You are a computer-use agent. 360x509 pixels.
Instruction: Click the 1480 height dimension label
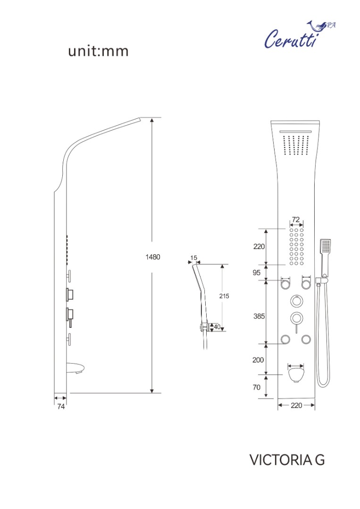coord(152,257)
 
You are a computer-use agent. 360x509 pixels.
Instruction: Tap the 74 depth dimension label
coord(61,406)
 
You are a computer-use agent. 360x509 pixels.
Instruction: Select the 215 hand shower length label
coord(224,296)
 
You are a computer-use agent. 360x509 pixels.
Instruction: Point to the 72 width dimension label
coord(296,220)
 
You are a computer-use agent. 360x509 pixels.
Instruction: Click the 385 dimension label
coord(259,316)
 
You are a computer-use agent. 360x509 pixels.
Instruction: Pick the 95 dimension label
coord(257,273)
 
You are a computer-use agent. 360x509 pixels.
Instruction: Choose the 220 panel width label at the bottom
coord(296,405)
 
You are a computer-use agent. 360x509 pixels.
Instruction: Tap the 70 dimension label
coord(257,387)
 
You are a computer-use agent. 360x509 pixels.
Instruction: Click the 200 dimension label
coord(258,360)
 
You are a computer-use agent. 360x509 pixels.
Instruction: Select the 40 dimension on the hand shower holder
coord(217,327)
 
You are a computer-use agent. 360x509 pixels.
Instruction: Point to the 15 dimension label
coord(194,258)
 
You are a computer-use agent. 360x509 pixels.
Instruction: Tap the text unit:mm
coord(98,51)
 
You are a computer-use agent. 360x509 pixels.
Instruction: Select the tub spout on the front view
coord(296,374)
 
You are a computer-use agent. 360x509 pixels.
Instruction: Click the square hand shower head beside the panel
coord(325,246)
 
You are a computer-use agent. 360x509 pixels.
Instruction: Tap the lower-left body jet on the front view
coord(285,340)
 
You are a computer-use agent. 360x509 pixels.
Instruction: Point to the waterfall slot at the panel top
coord(296,131)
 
